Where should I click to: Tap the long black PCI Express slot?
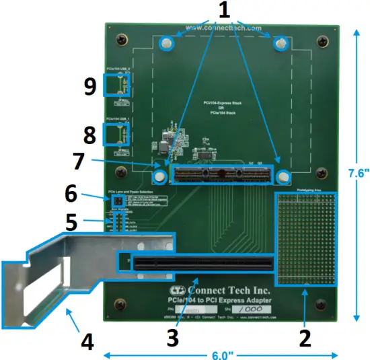coord(202,262)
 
